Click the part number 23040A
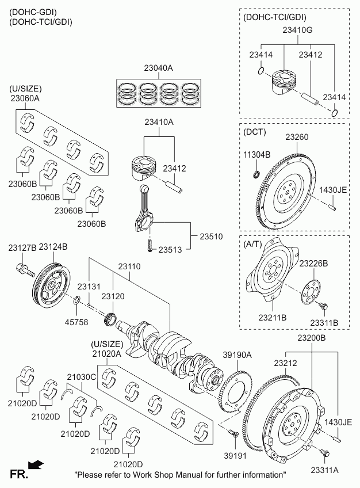pyautogui.click(x=159, y=68)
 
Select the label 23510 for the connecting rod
pyautogui.click(x=210, y=237)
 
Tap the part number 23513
pyautogui.click(x=170, y=250)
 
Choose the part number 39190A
pyautogui.click(x=238, y=356)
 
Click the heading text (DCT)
pyautogui.click(x=255, y=132)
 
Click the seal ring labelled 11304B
pyautogui.click(x=257, y=174)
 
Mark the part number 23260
pyautogui.click(x=297, y=138)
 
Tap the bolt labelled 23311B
pyautogui.click(x=323, y=306)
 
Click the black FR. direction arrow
pyautogui.click(x=36, y=463)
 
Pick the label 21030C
pyautogui.click(x=81, y=377)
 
